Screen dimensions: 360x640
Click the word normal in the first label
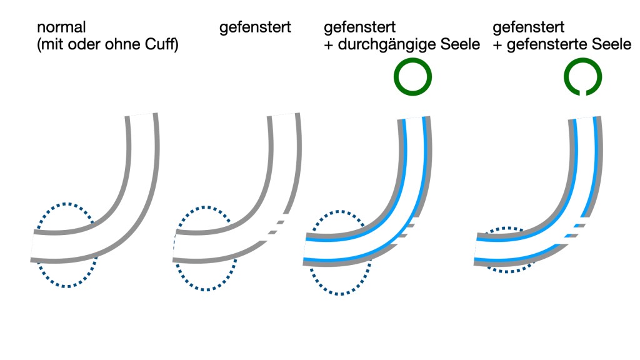point(61,28)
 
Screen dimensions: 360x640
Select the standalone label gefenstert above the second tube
point(255,28)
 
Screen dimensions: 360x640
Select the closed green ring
point(412,76)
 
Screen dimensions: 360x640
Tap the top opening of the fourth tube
point(586,118)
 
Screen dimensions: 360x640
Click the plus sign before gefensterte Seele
point(497,46)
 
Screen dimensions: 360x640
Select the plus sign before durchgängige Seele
point(328,46)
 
